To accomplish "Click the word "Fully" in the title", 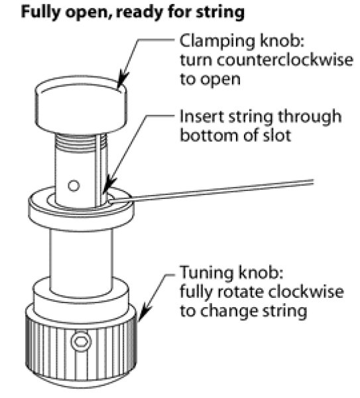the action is tap(40, 12).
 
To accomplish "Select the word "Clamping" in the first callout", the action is tap(217, 42).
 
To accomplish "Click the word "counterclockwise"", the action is tap(284, 60).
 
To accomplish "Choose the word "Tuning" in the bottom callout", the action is tap(206, 273).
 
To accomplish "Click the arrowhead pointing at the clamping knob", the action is tap(123, 80).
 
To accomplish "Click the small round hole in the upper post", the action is tap(74, 185).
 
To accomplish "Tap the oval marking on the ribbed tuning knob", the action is tap(81, 341).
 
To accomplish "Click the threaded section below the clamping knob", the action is tap(81, 143).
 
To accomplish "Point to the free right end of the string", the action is tap(313, 182).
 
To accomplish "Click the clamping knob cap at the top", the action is tap(81, 105).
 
